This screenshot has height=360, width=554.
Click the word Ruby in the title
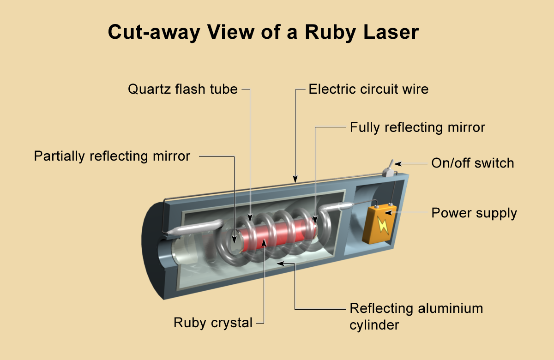[331, 33]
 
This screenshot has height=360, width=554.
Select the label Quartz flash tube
[182, 89]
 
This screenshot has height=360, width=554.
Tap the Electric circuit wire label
[368, 89]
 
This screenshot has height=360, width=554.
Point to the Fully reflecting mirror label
[417, 127]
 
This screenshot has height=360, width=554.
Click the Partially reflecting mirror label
[112, 156]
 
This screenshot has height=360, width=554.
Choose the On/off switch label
[473, 163]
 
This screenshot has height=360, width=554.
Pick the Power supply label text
[474, 213]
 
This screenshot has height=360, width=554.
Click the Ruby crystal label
[213, 323]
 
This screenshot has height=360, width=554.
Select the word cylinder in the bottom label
[374, 325]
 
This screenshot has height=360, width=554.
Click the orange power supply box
[379, 223]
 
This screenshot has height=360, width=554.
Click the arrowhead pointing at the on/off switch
[397, 164]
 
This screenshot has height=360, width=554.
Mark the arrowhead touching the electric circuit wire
[295, 179]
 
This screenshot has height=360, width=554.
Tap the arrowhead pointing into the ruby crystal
[264, 243]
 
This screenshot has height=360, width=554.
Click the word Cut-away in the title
[154, 33]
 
